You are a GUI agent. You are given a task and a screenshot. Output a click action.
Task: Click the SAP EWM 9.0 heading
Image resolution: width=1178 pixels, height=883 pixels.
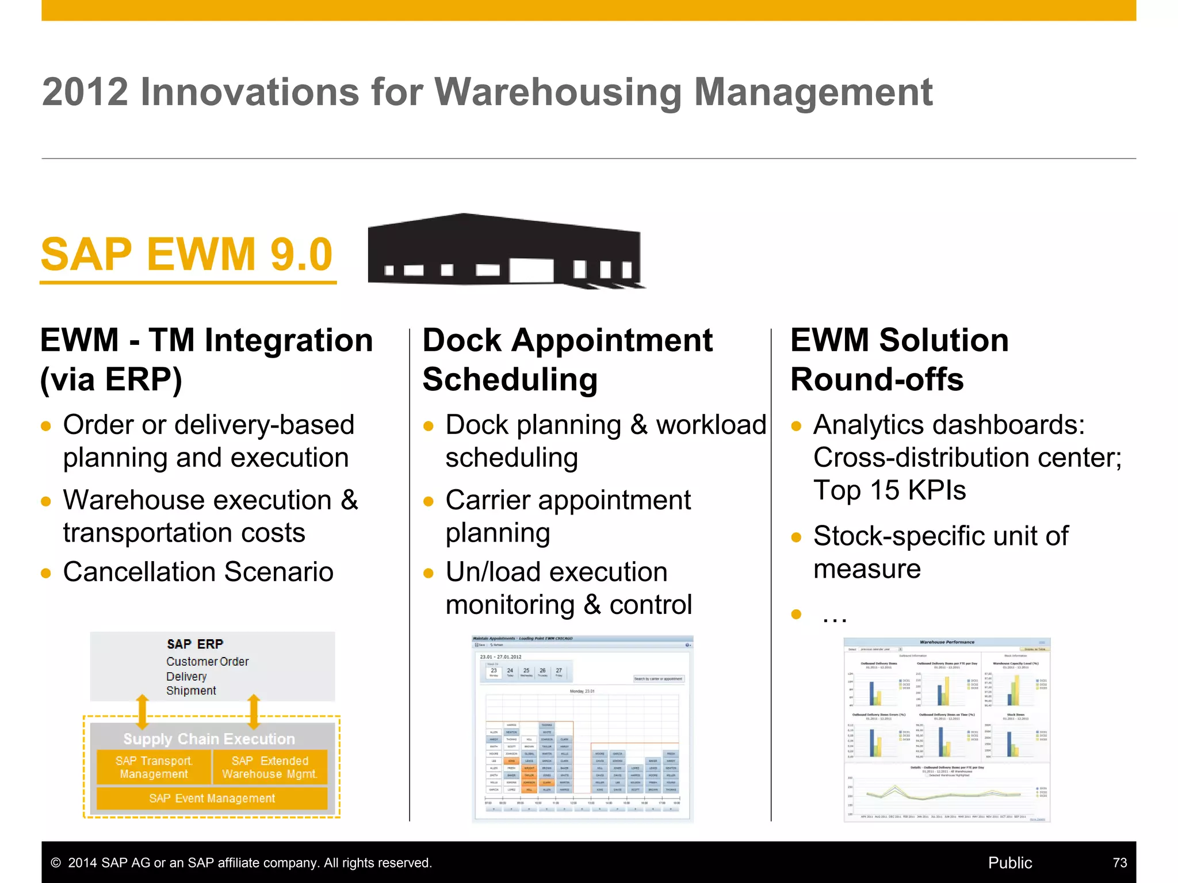coord(187,255)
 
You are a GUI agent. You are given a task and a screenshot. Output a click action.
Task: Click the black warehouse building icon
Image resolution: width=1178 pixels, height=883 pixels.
coord(505,251)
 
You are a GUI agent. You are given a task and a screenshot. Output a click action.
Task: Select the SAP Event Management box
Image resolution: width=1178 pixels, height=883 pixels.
coord(212,798)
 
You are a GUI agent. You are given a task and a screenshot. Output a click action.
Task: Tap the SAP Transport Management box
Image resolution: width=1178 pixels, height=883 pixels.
coord(154,767)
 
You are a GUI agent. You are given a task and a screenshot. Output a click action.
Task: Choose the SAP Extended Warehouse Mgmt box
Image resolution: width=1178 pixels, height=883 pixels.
coord(270,767)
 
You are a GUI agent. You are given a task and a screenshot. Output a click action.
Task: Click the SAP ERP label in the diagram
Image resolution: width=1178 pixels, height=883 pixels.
coord(195,644)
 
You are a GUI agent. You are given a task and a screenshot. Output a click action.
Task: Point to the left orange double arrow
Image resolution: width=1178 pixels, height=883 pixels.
coord(143,712)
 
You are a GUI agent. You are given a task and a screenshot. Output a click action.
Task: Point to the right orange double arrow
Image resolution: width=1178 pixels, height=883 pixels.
coord(254,712)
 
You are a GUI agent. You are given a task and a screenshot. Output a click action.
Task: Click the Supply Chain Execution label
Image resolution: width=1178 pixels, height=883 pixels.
coord(209,739)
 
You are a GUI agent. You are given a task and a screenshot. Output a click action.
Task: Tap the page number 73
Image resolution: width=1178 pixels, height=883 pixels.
coord(1119,863)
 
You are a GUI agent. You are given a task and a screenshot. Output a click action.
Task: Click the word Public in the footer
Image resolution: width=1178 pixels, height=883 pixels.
coord(1009,863)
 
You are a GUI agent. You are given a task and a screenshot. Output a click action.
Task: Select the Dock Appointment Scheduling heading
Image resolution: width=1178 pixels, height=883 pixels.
coord(567,360)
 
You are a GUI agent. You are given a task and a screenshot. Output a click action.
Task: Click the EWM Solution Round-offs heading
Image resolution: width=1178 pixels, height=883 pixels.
coord(899,360)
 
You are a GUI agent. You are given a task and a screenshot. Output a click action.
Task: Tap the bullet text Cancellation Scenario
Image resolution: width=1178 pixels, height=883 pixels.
coord(198,572)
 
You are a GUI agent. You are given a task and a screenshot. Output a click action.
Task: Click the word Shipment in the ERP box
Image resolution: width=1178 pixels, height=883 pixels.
coord(191,690)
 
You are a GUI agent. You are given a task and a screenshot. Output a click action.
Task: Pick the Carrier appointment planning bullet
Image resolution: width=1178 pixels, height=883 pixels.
coord(568,516)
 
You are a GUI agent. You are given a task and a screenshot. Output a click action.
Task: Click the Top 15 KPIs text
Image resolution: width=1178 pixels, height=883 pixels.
coord(889,490)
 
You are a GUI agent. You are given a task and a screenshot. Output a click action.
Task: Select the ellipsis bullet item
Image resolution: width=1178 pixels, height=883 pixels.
coord(834,616)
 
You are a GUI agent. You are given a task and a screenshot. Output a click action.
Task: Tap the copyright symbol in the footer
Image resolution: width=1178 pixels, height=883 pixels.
coord(56,863)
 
